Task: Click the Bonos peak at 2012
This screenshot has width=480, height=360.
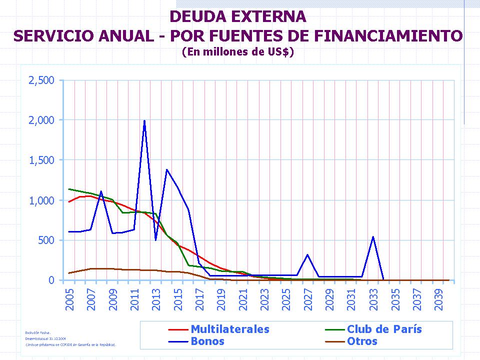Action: [x=144, y=121]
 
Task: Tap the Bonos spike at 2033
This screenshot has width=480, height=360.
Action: [x=373, y=237]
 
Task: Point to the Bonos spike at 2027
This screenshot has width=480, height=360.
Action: [x=307, y=255]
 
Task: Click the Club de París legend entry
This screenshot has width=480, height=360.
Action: [x=384, y=329]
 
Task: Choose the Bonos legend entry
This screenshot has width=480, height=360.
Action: [x=207, y=341]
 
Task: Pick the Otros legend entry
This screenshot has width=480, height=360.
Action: [x=362, y=341]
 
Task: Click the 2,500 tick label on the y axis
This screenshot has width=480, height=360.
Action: [x=41, y=80]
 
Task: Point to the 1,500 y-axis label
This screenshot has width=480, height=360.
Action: [x=41, y=160]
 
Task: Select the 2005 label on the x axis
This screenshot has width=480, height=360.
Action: [x=70, y=299]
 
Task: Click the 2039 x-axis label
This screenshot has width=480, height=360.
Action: [x=438, y=299]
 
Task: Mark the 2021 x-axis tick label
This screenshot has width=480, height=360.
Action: [x=243, y=299]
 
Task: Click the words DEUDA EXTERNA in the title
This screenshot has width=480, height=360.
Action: [x=238, y=16]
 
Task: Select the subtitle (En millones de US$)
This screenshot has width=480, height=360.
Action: [x=238, y=51]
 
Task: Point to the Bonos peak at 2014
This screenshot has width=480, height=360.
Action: [x=166, y=170]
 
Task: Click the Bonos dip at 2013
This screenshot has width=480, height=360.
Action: [x=155, y=239]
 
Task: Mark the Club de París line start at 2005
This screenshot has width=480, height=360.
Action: [x=69, y=189]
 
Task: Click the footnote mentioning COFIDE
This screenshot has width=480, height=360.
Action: [x=70, y=344]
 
